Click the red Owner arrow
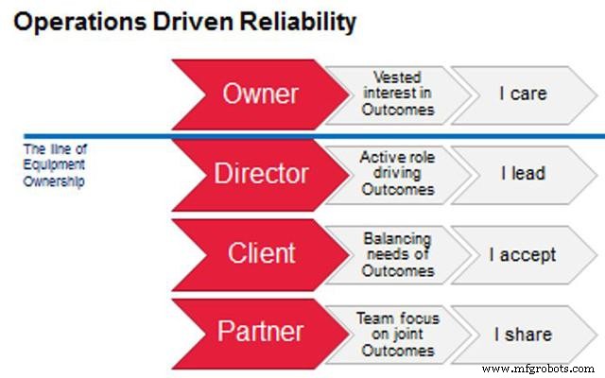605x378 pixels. tap(260, 94)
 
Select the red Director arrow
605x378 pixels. tap(260, 174)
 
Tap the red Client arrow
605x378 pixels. tap(260, 253)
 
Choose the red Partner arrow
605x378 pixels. tap(260, 333)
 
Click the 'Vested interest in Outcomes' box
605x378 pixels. tap(397, 94)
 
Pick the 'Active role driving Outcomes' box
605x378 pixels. tap(397, 174)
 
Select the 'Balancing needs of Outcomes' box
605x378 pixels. tap(397, 253)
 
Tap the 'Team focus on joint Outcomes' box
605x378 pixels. tap(397, 333)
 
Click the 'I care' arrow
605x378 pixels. tap(523, 94)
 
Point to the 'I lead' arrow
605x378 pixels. tap(523, 174)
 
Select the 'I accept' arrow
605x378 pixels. tap(523, 253)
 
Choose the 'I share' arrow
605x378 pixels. tap(523, 333)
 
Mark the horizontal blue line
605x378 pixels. tap(95, 135)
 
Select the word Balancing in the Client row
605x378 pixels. tap(397, 238)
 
